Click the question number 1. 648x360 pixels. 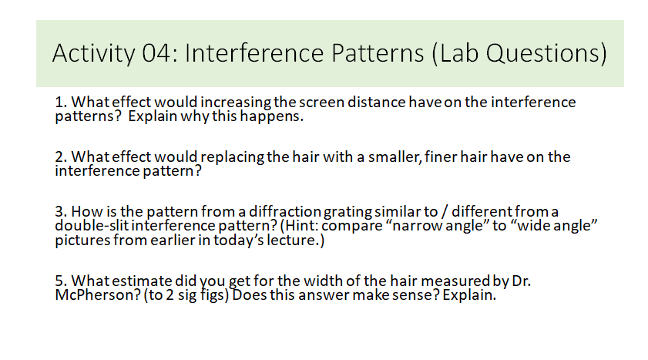(60, 103)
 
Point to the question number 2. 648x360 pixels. (60, 158)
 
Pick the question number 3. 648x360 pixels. (60, 212)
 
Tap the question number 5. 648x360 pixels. (60, 282)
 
